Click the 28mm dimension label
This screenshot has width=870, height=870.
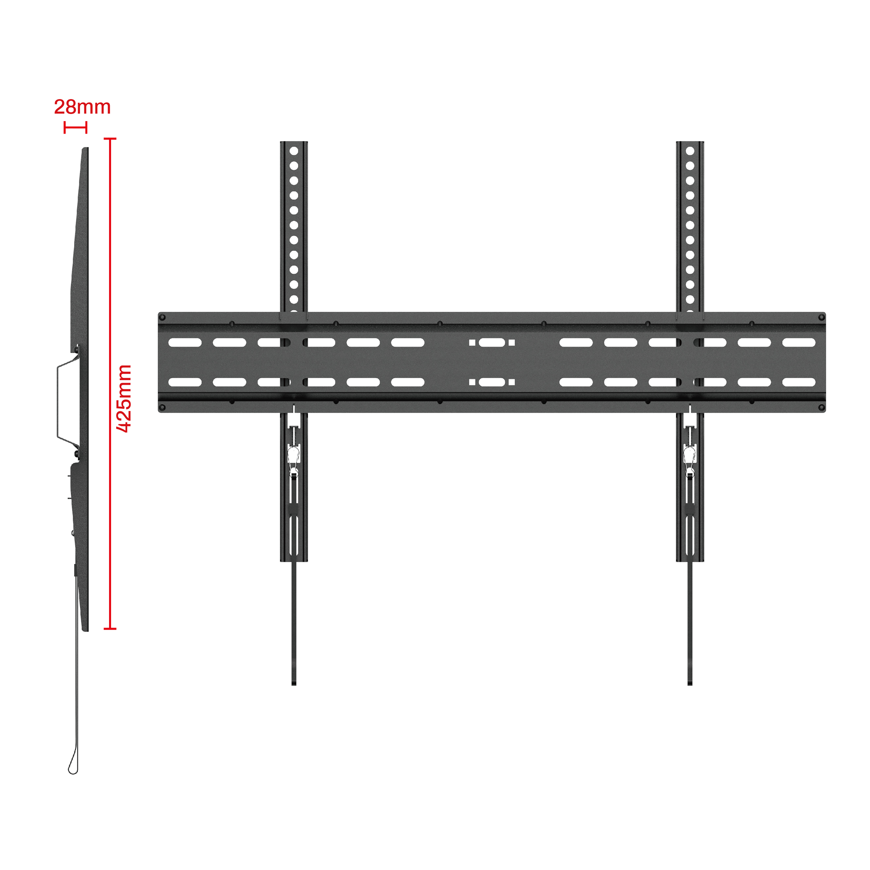point(82,107)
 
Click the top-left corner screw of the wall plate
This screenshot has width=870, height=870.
point(162,318)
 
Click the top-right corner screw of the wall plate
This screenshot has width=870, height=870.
point(821,318)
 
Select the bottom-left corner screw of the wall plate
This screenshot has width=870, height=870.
point(162,408)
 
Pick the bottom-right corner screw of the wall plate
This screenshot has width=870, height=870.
point(821,408)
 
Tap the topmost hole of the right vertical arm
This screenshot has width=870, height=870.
point(690,151)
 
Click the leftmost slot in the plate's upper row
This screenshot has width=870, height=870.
point(185,343)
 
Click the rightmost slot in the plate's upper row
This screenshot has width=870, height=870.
point(799,343)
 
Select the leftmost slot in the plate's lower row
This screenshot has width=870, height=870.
point(185,382)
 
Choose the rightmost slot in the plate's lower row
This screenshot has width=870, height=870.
point(799,382)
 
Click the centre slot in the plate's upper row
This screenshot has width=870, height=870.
point(492,343)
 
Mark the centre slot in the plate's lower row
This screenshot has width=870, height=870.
point(492,382)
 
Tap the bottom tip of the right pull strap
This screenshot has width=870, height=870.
point(690,684)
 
